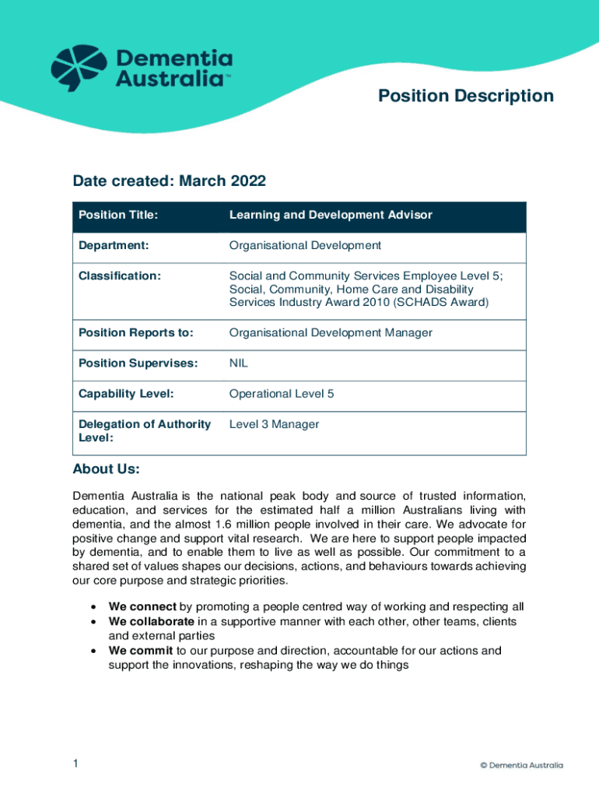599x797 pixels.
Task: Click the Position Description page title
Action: click(465, 96)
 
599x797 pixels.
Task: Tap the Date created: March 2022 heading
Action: click(169, 181)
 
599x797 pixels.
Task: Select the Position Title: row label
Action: click(118, 215)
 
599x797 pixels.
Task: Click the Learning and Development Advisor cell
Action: click(330, 215)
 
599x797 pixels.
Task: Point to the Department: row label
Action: click(114, 245)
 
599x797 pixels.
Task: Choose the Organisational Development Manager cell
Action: click(330, 332)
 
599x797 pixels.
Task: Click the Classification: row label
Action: click(120, 276)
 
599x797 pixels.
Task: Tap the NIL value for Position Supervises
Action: click(238, 363)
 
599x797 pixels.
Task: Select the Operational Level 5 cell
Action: click(281, 393)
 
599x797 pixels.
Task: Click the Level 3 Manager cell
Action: click(274, 424)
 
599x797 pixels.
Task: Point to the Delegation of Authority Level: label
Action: click(145, 430)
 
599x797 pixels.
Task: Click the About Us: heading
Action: click(106, 469)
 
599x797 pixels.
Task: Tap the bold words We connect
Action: click(142, 607)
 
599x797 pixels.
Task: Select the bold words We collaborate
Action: click(151, 621)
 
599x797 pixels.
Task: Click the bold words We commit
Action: click(140, 650)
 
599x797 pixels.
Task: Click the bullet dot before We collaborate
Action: click(93, 622)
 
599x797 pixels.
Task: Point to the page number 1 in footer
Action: click(75, 764)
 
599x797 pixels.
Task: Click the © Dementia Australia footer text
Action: click(521, 765)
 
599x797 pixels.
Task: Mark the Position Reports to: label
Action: click(135, 332)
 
